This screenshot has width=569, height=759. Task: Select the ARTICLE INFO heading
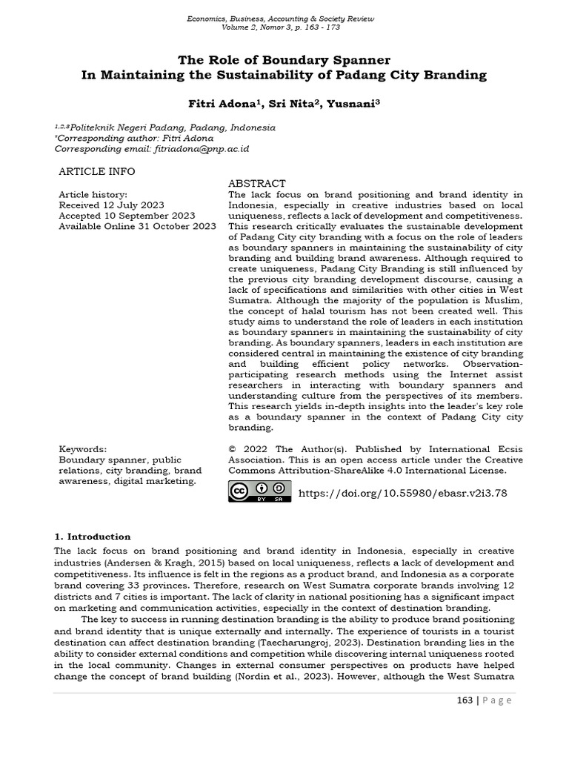click(x=96, y=171)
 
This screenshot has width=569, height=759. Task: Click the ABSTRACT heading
click(x=256, y=183)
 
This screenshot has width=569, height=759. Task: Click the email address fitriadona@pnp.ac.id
click(x=202, y=149)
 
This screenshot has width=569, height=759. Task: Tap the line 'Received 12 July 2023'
click(x=111, y=205)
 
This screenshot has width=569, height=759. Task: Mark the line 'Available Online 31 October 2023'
click(x=137, y=226)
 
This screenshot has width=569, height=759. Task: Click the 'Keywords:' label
click(x=82, y=449)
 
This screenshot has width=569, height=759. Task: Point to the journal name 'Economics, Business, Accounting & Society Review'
click(x=284, y=17)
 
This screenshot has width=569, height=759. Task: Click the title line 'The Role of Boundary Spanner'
click(x=284, y=59)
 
